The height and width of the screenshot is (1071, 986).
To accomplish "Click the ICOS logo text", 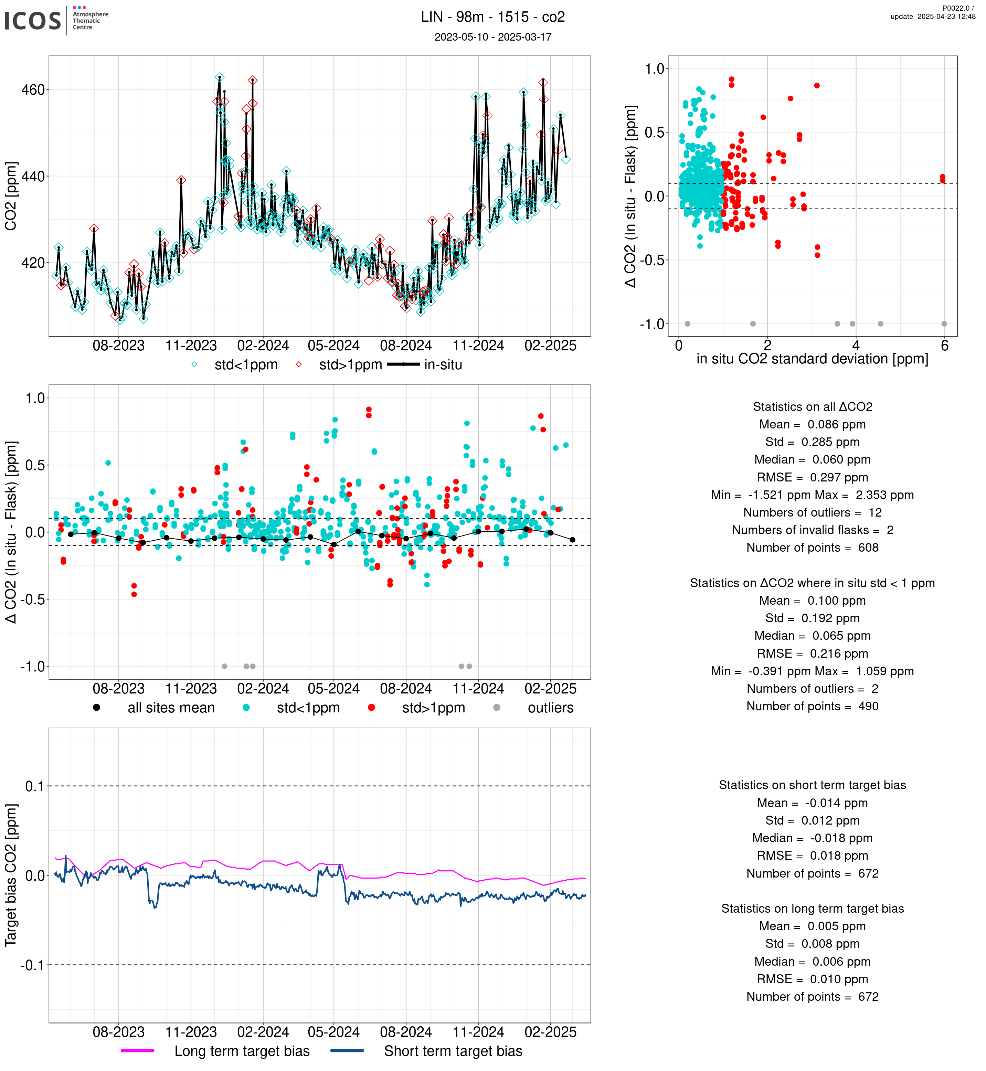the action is point(33,21).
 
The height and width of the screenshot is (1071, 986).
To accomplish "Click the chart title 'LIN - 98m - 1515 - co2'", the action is point(492,17).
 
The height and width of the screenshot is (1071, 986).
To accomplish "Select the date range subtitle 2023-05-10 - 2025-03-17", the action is point(492,37).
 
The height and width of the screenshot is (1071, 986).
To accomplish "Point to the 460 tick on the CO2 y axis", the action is point(33,89).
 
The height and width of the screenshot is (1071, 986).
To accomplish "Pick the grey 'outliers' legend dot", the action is point(497,708).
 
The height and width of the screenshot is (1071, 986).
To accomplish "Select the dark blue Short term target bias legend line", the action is point(347,1051).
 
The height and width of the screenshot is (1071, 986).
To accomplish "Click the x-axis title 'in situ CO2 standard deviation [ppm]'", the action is point(812,359).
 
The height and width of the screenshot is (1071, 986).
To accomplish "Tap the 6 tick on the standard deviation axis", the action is point(944,346).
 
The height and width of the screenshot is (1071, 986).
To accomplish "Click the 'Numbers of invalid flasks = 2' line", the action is point(812,530).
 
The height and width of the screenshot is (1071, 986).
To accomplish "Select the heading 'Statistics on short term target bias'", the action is point(812,785).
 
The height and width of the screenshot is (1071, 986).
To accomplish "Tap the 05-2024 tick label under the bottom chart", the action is point(333,1032).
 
